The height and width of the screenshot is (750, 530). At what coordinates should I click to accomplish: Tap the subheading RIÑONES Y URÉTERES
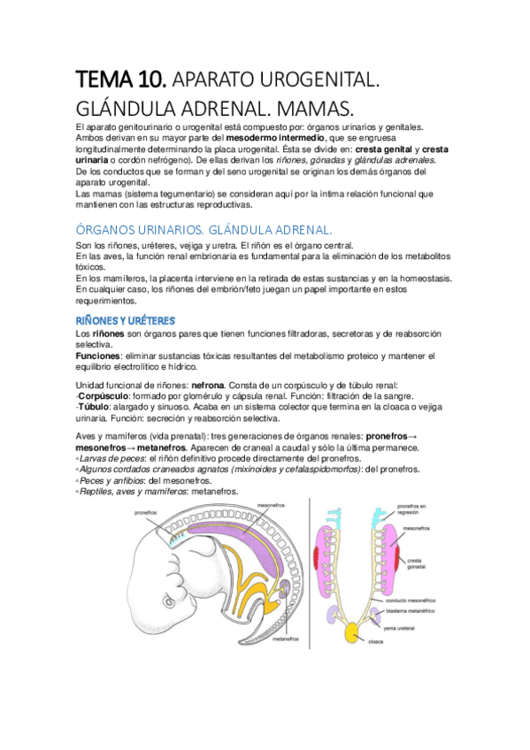tap(125, 319)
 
